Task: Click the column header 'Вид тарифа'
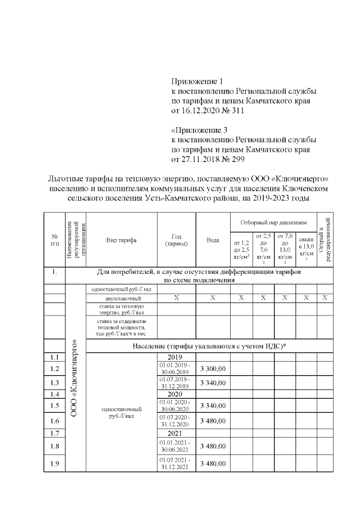tap(121, 240)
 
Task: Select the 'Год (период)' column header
tap(176, 240)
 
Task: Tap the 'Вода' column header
tap(213, 240)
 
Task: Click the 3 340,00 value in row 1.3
tap(213, 383)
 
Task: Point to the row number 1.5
tap(55, 406)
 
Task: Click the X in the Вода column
tap(213, 298)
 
